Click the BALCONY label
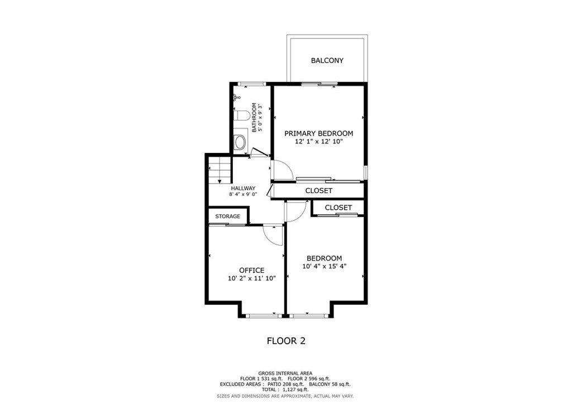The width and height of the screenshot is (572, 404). tap(327, 60)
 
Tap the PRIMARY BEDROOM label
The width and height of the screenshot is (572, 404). tap(319, 133)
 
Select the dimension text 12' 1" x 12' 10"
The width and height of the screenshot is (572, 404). tap(319, 141)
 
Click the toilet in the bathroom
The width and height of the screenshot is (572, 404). tap(241, 116)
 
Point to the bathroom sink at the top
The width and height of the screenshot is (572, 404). tap(237, 97)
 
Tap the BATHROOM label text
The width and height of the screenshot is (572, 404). tap(254, 117)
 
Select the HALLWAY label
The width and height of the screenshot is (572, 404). tap(244, 189)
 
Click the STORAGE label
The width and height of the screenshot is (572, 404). tap(228, 217)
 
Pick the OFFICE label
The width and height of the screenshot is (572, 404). tap(252, 270)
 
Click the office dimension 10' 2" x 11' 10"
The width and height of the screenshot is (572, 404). tap(252, 278)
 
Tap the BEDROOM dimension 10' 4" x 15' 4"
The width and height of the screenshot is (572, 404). tap(325, 266)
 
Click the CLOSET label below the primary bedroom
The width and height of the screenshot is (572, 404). tap(319, 190)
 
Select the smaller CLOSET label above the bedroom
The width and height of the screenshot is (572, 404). tap(338, 208)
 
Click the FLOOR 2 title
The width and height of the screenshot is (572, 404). tap(286, 341)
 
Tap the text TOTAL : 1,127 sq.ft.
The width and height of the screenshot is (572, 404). tap(285, 389)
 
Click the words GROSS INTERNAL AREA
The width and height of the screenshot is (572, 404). tap(285, 373)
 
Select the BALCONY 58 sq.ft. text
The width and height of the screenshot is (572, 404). tap(330, 384)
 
